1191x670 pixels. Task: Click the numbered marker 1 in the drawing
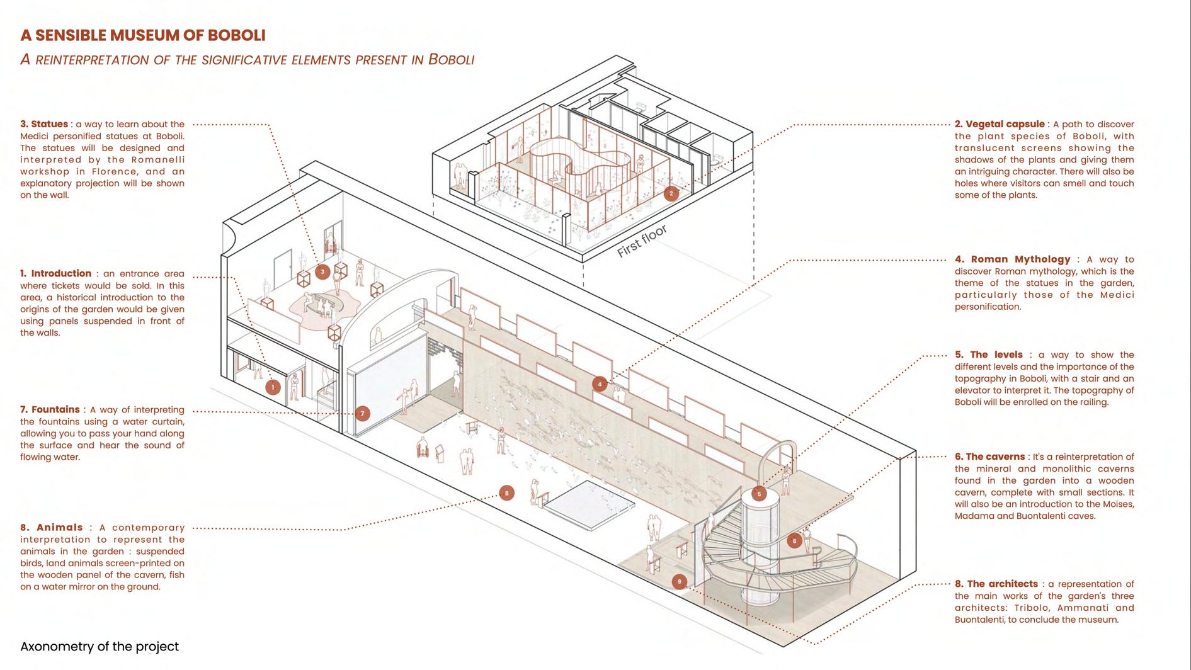pos(273,387)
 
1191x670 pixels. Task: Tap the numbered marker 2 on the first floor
pos(671,193)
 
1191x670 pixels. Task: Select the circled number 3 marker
pos(322,272)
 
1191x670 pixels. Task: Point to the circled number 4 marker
pos(600,383)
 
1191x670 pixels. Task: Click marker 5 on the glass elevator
pos(759,494)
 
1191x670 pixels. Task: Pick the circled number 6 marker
pos(794,540)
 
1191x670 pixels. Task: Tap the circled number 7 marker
pos(362,414)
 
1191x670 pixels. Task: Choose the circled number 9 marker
pos(679,581)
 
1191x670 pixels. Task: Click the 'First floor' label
pos(642,241)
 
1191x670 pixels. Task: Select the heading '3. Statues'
pos(44,124)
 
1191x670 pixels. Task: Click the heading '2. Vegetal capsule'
pos(1000,124)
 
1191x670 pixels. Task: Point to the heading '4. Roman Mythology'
pos(1012,259)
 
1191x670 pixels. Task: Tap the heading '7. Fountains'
pos(50,409)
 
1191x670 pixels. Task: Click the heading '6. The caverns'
pos(989,457)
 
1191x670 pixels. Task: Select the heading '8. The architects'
pos(996,584)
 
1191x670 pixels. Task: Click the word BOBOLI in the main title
pos(235,35)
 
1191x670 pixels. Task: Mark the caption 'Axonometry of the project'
pos(100,647)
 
